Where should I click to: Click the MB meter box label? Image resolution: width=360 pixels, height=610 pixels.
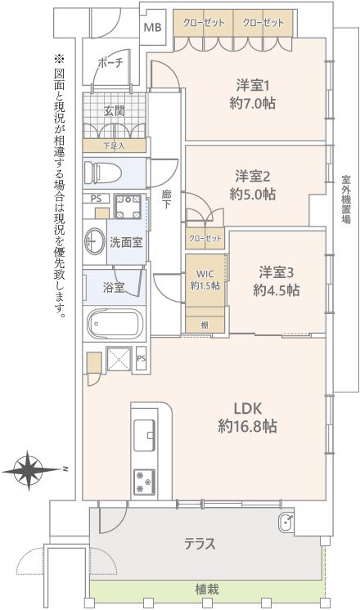click(152, 28)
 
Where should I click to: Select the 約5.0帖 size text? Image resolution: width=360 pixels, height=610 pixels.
click(253, 194)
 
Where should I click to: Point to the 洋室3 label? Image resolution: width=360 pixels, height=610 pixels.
click(276, 273)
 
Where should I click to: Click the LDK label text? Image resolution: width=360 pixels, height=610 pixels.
click(248, 409)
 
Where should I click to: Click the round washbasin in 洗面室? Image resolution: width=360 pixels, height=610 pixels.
click(94, 240)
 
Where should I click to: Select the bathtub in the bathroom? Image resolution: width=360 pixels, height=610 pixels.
click(115, 323)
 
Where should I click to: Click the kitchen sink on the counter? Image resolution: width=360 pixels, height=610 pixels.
click(144, 435)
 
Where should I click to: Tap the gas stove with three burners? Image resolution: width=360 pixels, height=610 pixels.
click(144, 482)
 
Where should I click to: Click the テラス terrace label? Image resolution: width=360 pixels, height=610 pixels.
click(200, 543)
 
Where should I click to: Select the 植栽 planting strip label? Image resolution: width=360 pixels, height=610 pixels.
click(207, 590)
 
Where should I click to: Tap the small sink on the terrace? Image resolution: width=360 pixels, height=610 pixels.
click(287, 521)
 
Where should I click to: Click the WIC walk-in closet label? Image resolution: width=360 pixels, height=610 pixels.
click(205, 274)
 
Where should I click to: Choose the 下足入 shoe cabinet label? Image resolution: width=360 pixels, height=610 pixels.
click(114, 146)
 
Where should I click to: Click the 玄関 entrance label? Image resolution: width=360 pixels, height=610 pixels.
click(114, 111)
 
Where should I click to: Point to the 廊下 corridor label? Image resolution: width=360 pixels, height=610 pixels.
click(166, 199)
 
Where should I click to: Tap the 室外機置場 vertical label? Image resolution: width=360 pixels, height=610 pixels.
click(346, 200)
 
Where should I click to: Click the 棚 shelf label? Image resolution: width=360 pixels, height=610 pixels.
click(205, 325)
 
